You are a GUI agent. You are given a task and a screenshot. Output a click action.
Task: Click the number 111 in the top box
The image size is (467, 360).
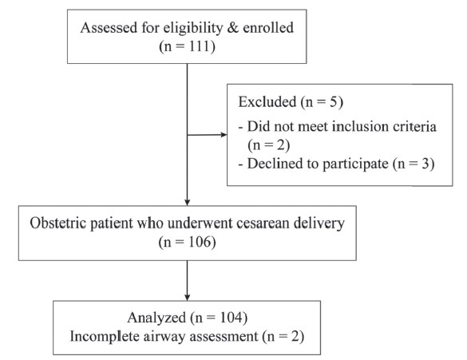pyautogui.click(x=199, y=46)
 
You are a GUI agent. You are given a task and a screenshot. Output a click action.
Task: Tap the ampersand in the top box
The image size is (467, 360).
pyautogui.click(x=232, y=28)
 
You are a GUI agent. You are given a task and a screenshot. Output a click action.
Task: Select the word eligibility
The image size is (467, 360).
pyautogui.click(x=193, y=28)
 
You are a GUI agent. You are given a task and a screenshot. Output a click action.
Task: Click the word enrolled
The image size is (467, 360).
pyautogui.click(x=268, y=28)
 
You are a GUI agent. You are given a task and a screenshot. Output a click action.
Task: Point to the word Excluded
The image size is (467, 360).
pyautogui.click(x=267, y=102)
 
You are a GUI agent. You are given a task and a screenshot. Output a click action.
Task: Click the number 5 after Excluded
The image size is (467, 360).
pyautogui.click(x=333, y=102)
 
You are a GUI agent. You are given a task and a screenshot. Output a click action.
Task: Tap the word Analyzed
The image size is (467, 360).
pyautogui.click(x=156, y=318)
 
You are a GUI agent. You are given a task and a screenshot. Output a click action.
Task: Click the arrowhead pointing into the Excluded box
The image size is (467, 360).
pyautogui.click(x=224, y=135)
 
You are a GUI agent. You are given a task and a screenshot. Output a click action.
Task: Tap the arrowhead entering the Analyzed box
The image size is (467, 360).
pyautogui.click(x=187, y=297)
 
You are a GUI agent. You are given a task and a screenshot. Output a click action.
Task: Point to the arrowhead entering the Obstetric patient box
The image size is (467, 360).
pyautogui.click(x=187, y=202)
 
